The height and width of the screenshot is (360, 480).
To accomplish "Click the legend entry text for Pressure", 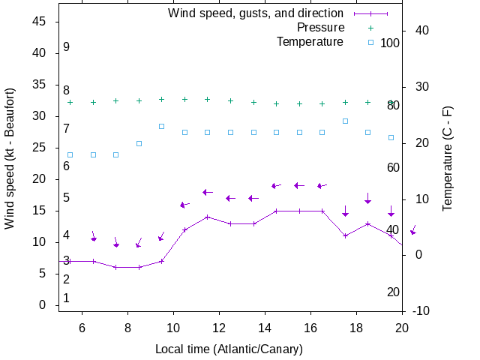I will coord(310,28).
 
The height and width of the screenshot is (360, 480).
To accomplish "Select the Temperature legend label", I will coord(310,41).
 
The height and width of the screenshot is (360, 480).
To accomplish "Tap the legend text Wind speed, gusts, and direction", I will coord(256,13).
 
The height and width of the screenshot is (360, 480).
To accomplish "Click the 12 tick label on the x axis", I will coord(219,328).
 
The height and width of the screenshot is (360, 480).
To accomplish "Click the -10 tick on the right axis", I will coord(421,311).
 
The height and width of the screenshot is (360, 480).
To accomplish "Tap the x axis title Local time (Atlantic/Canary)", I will coord(229,349).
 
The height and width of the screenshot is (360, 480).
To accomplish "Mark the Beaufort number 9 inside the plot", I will coord(67,47).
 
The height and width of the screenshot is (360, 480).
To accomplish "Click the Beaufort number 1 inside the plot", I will coord(67,298).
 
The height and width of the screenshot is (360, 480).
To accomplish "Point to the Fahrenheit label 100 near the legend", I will coord(390,43).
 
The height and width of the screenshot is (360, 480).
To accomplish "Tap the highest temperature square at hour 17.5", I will coord(345,121).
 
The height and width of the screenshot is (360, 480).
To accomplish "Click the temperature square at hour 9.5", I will coord(161,126).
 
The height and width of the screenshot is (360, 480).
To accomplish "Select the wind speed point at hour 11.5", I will coord(207,217).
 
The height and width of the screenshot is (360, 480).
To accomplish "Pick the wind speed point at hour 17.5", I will coord(345,235).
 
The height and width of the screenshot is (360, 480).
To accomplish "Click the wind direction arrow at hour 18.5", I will coord(368,199).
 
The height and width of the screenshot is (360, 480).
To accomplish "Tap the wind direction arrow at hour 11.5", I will coord(208,193).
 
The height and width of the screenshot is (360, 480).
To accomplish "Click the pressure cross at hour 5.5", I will coord(70,102).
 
